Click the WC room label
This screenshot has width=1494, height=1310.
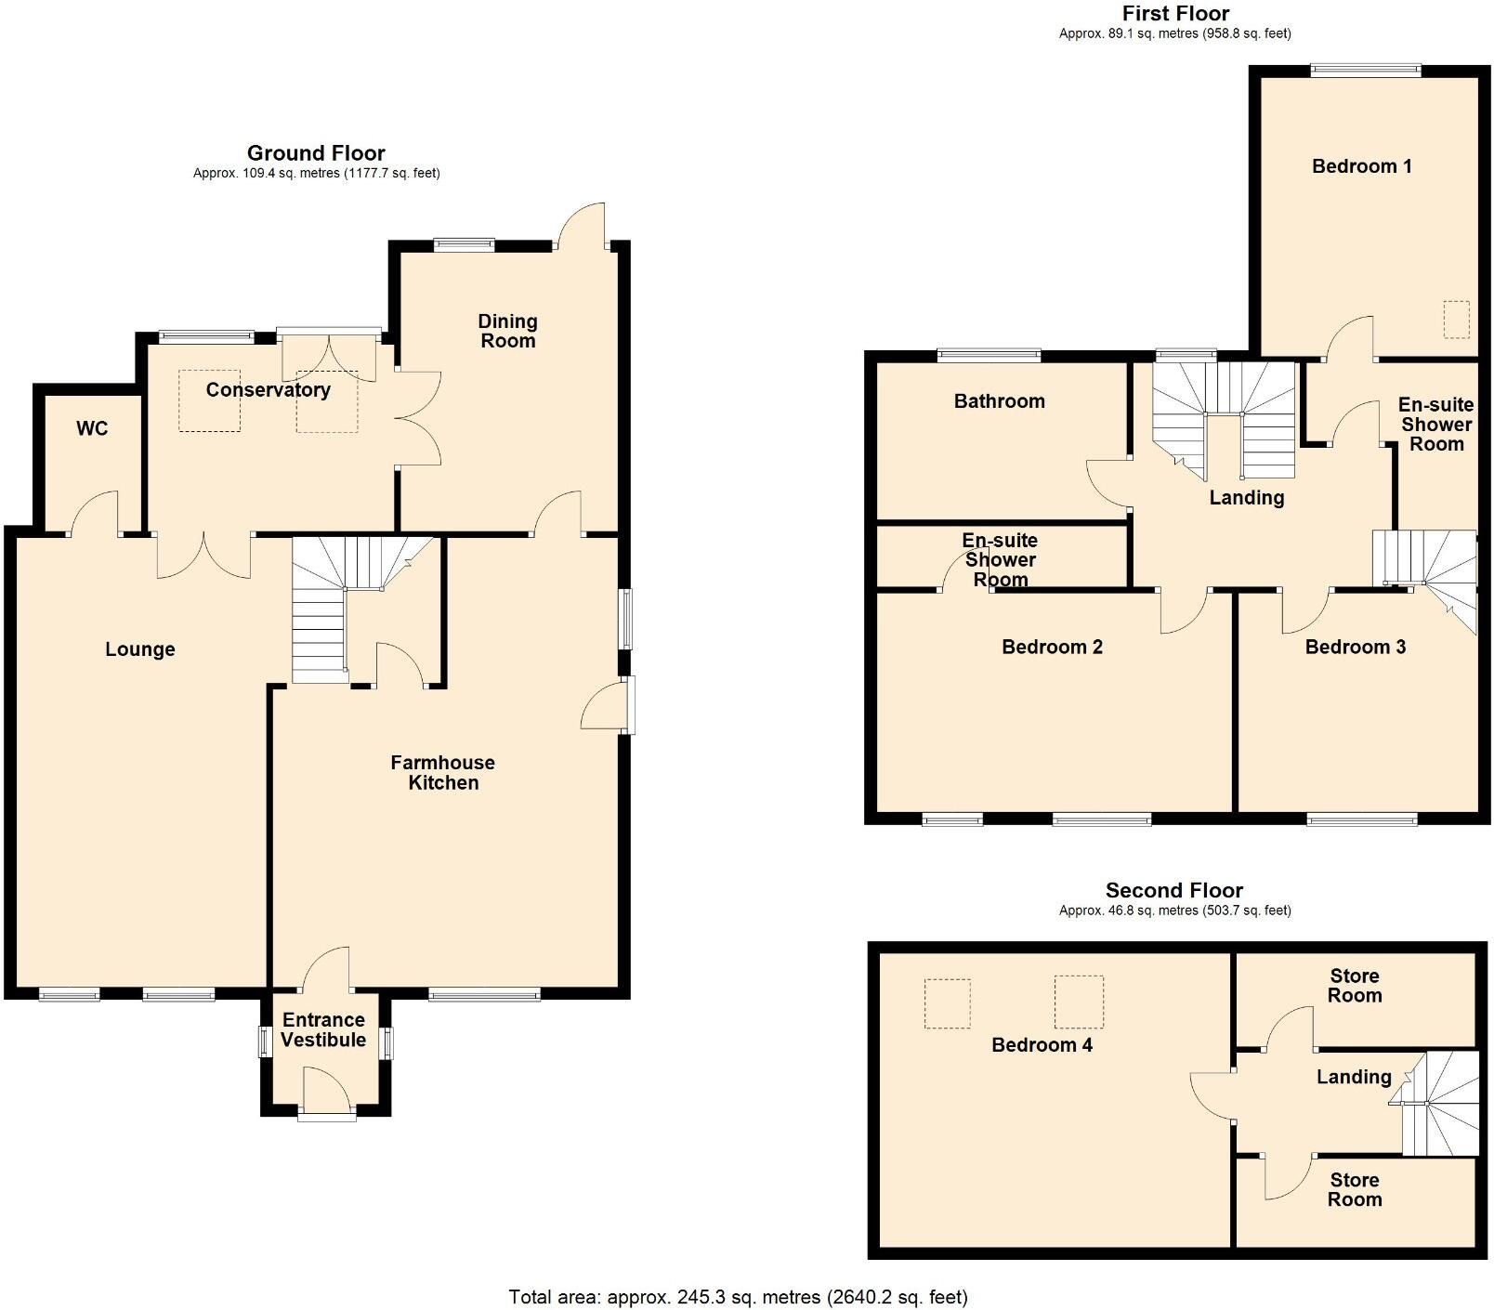coord(92,428)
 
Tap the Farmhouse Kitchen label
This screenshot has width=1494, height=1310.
coord(442,772)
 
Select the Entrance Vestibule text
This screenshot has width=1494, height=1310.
coord(323,1029)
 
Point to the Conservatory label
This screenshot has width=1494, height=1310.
coord(268,389)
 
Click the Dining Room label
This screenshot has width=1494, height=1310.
coord(507,331)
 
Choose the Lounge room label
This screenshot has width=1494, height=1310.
coord(140,649)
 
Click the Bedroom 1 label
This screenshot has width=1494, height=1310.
coord(1361,166)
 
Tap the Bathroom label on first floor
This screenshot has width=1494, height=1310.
coord(999,401)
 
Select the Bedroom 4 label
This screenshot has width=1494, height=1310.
coord(1042,1045)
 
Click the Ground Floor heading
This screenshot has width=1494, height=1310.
coord(316,153)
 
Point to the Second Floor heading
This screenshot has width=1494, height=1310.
coord(1173,890)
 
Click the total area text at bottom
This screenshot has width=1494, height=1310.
coord(738,1296)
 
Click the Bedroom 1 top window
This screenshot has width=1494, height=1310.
coord(1365,69)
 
